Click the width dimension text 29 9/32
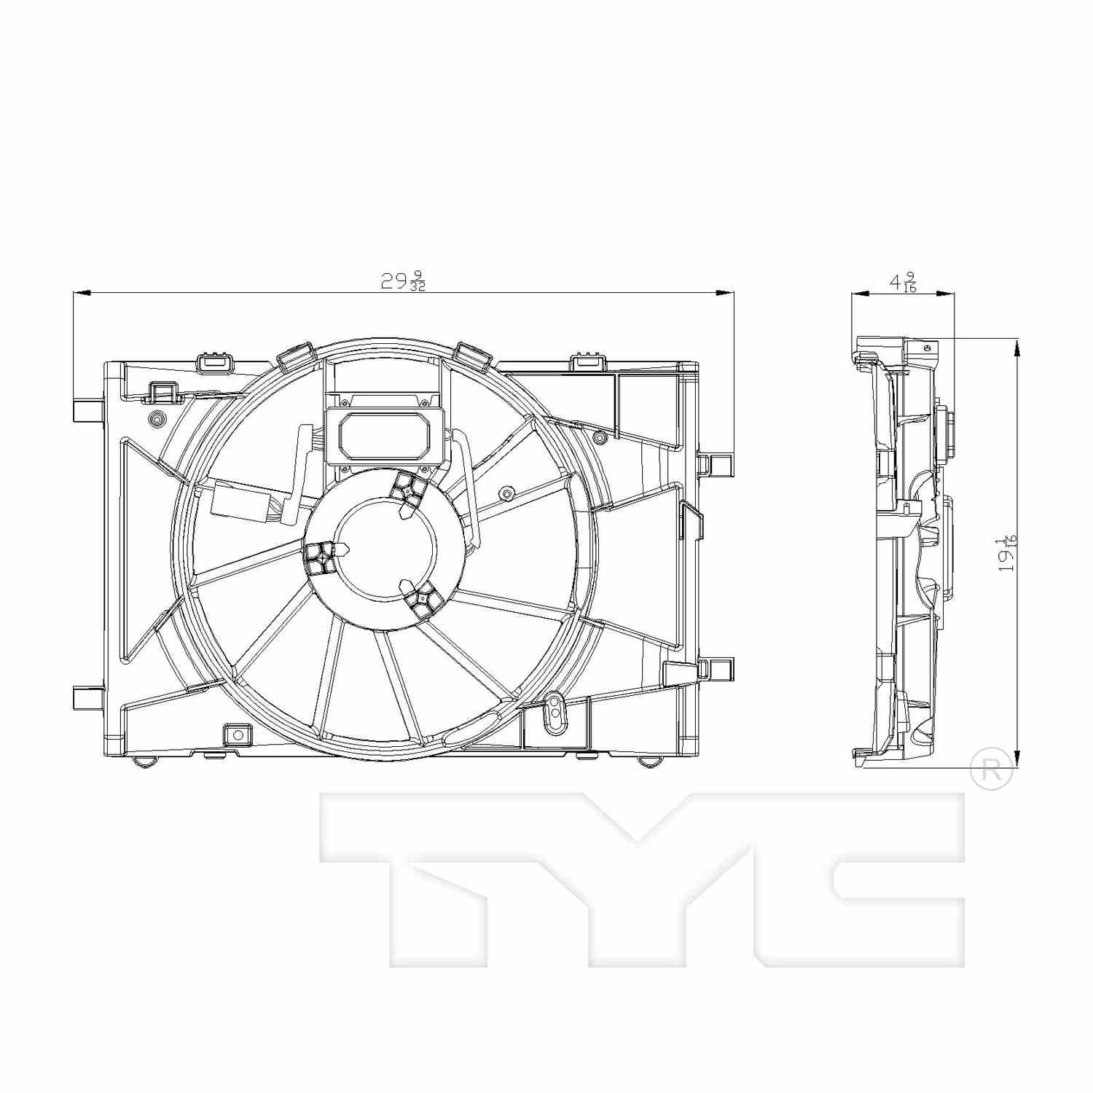tap(403, 281)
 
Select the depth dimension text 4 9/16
tap(903, 282)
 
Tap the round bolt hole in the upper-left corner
tap(155, 418)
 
